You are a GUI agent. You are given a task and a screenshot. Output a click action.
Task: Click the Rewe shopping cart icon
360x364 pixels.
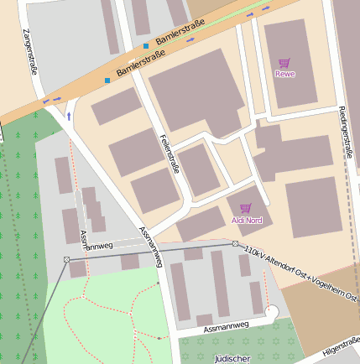point(284,63)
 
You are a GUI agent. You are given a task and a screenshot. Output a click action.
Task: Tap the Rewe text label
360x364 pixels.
point(284,74)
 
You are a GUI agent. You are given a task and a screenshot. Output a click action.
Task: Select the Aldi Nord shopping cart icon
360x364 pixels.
point(246,208)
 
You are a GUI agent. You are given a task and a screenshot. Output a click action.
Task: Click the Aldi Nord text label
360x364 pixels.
point(246,220)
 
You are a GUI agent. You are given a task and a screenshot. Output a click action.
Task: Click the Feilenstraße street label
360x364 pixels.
point(170,153)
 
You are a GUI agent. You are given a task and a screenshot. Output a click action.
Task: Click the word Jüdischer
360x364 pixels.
point(232,358)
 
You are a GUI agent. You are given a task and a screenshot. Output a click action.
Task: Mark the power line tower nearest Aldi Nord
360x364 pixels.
point(235,243)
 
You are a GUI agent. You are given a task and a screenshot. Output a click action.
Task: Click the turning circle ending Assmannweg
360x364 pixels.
point(270,312)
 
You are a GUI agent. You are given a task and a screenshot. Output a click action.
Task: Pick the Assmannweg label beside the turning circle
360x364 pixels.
point(225,323)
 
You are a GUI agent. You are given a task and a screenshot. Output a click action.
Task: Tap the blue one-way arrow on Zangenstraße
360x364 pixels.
point(69,116)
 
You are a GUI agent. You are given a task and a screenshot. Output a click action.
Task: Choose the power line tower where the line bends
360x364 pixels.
point(66,259)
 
